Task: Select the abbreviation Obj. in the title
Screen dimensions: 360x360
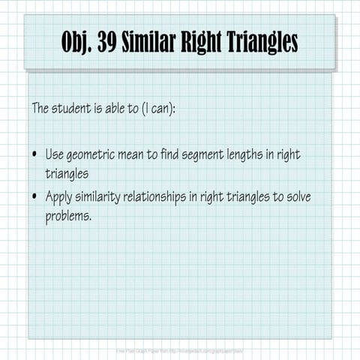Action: tap(78, 43)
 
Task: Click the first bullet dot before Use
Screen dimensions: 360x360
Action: tap(34, 154)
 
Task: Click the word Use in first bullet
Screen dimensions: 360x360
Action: tap(55, 154)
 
